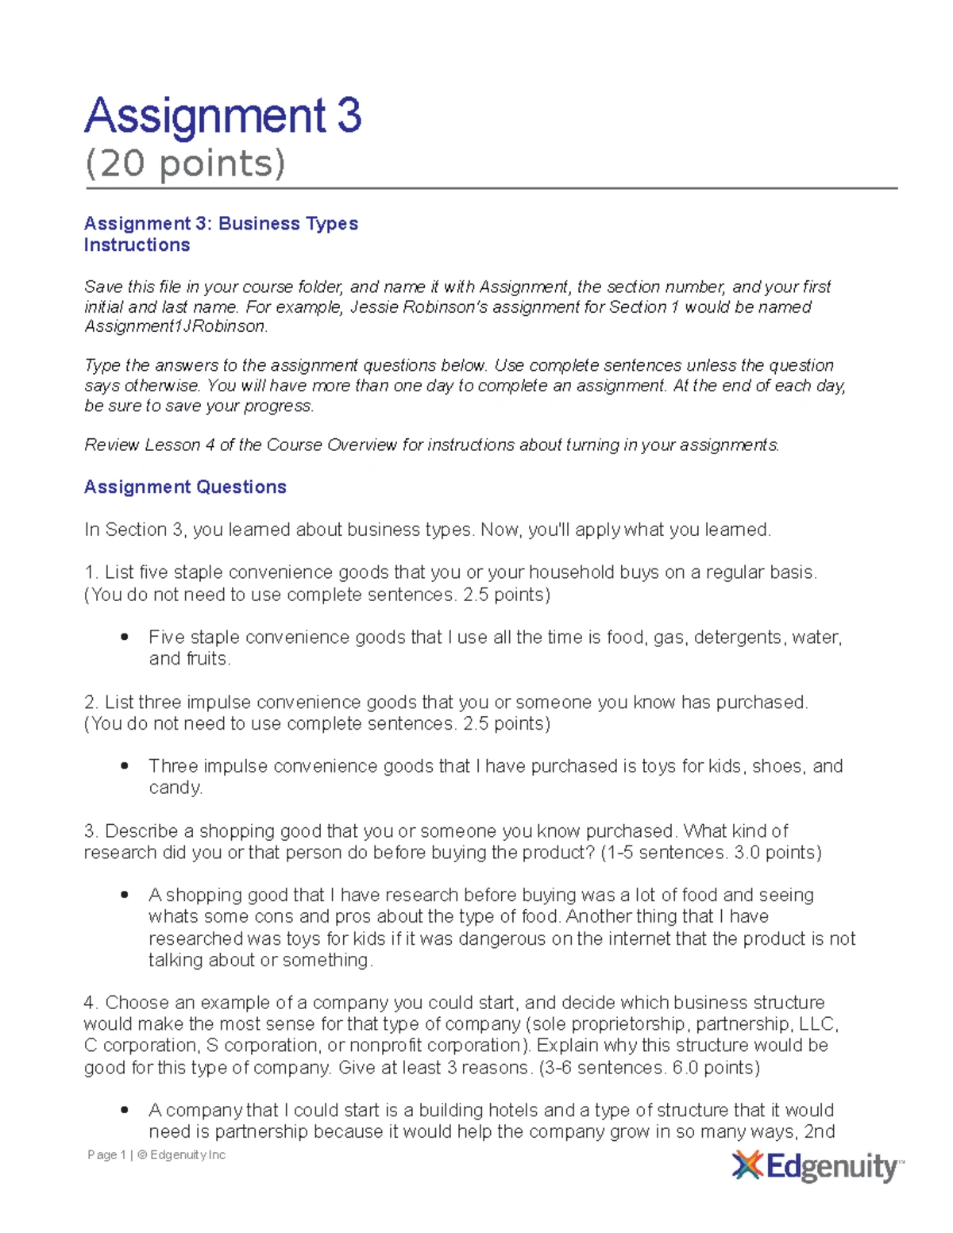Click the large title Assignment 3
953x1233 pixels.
tap(223, 116)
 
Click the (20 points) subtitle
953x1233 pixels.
tap(185, 164)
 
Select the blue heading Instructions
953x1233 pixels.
tap(137, 245)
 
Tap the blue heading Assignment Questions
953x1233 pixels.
tap(185, 487)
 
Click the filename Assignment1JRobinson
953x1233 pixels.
tap(176, 326)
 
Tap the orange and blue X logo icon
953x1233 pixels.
tap(747, 1166)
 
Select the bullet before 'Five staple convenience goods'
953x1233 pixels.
tap(125, 638)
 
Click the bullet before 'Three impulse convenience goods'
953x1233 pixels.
tap(125, 766)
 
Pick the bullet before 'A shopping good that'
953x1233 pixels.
tap(125, 895)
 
